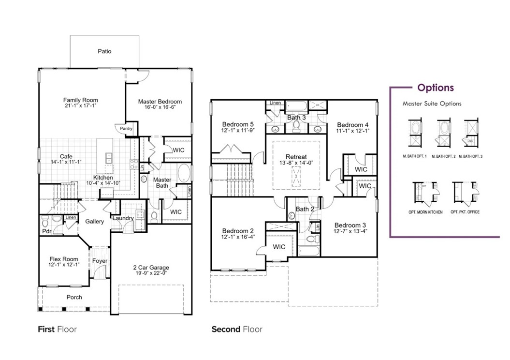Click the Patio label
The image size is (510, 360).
coord(104,51)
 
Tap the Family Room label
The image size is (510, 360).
coord(80,100)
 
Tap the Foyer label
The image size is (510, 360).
coord(100,261)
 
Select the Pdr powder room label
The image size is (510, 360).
coord(47,231)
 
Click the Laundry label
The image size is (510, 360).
coord(123,218)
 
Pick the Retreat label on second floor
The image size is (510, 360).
coord(296,157)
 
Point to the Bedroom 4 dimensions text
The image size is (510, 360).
coord(353,131)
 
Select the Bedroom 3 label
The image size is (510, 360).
coord(350,225)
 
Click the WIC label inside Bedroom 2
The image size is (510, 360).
coord(279,247)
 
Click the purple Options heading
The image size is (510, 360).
coord(435,88)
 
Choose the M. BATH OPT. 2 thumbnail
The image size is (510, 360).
coord(444,133)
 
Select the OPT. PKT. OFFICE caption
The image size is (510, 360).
coord(465,212)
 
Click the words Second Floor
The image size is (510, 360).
coord(237,330)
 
